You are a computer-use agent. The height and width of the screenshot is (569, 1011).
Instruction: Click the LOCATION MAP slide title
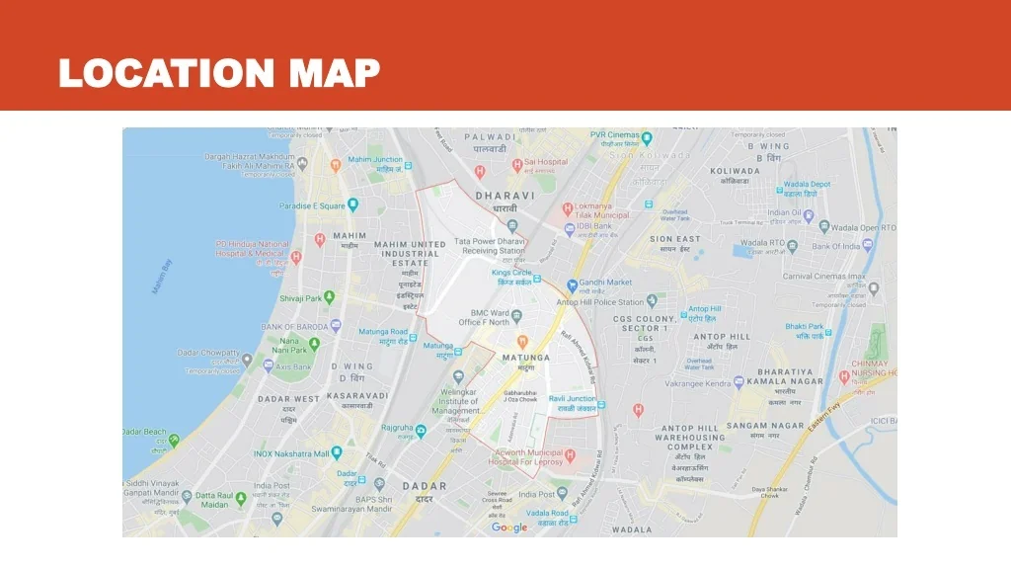219,72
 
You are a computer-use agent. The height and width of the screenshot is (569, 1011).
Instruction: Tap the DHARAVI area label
505,196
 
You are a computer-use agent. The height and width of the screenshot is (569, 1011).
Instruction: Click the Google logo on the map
509,528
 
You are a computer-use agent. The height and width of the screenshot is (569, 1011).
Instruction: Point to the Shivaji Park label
301,297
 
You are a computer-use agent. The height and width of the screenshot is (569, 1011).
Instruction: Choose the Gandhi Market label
605,283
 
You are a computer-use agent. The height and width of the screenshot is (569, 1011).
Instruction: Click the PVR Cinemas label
615,134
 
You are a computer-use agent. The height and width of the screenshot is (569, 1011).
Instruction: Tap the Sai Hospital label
546,161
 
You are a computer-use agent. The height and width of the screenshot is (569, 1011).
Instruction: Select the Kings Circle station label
511,272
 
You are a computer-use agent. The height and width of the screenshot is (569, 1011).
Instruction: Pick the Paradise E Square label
311,206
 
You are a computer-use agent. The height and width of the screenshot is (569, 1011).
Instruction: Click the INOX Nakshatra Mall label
291,453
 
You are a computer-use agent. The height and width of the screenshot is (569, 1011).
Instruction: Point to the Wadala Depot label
807,185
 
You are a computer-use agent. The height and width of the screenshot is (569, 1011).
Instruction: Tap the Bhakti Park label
804,327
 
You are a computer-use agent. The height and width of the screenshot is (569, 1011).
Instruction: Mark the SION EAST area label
675,239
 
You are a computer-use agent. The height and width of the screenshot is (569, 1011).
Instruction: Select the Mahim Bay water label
161,278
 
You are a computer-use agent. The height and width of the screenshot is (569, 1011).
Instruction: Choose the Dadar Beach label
145,432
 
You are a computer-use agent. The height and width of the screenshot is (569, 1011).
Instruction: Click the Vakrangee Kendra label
697,382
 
